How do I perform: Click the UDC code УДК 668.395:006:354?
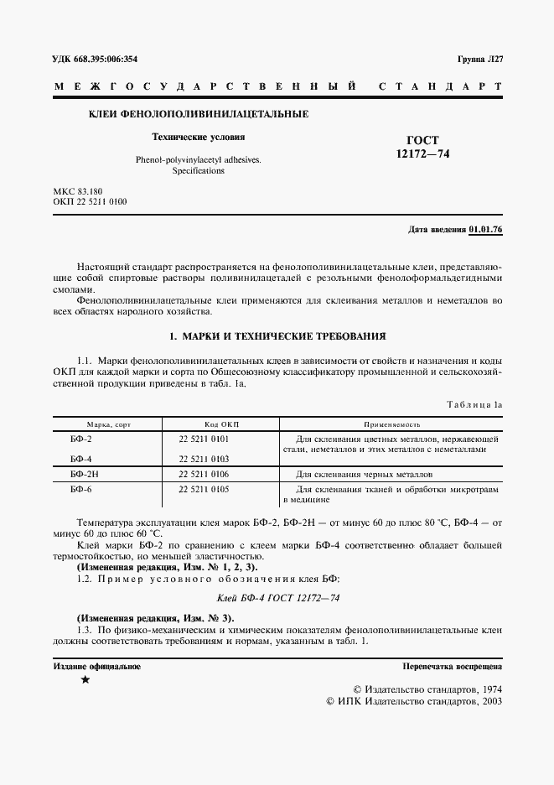tap(96, 59)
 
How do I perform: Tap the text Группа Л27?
tap(479, 59)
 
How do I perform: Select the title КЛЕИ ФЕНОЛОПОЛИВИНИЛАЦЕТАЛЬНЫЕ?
tap(199, 113)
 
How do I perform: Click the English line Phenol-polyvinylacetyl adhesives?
tap(198, 159)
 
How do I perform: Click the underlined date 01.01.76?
tap(485, 229)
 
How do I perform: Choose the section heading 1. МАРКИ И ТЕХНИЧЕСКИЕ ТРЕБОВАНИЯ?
tap(277, 336)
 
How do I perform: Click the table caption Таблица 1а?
tap(474, 404)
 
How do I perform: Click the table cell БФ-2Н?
tap(85, 474)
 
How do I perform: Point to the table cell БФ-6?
tap(81, 488)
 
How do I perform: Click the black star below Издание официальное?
tap(85, 680)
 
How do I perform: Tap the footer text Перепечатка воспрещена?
tap(452, 667)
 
